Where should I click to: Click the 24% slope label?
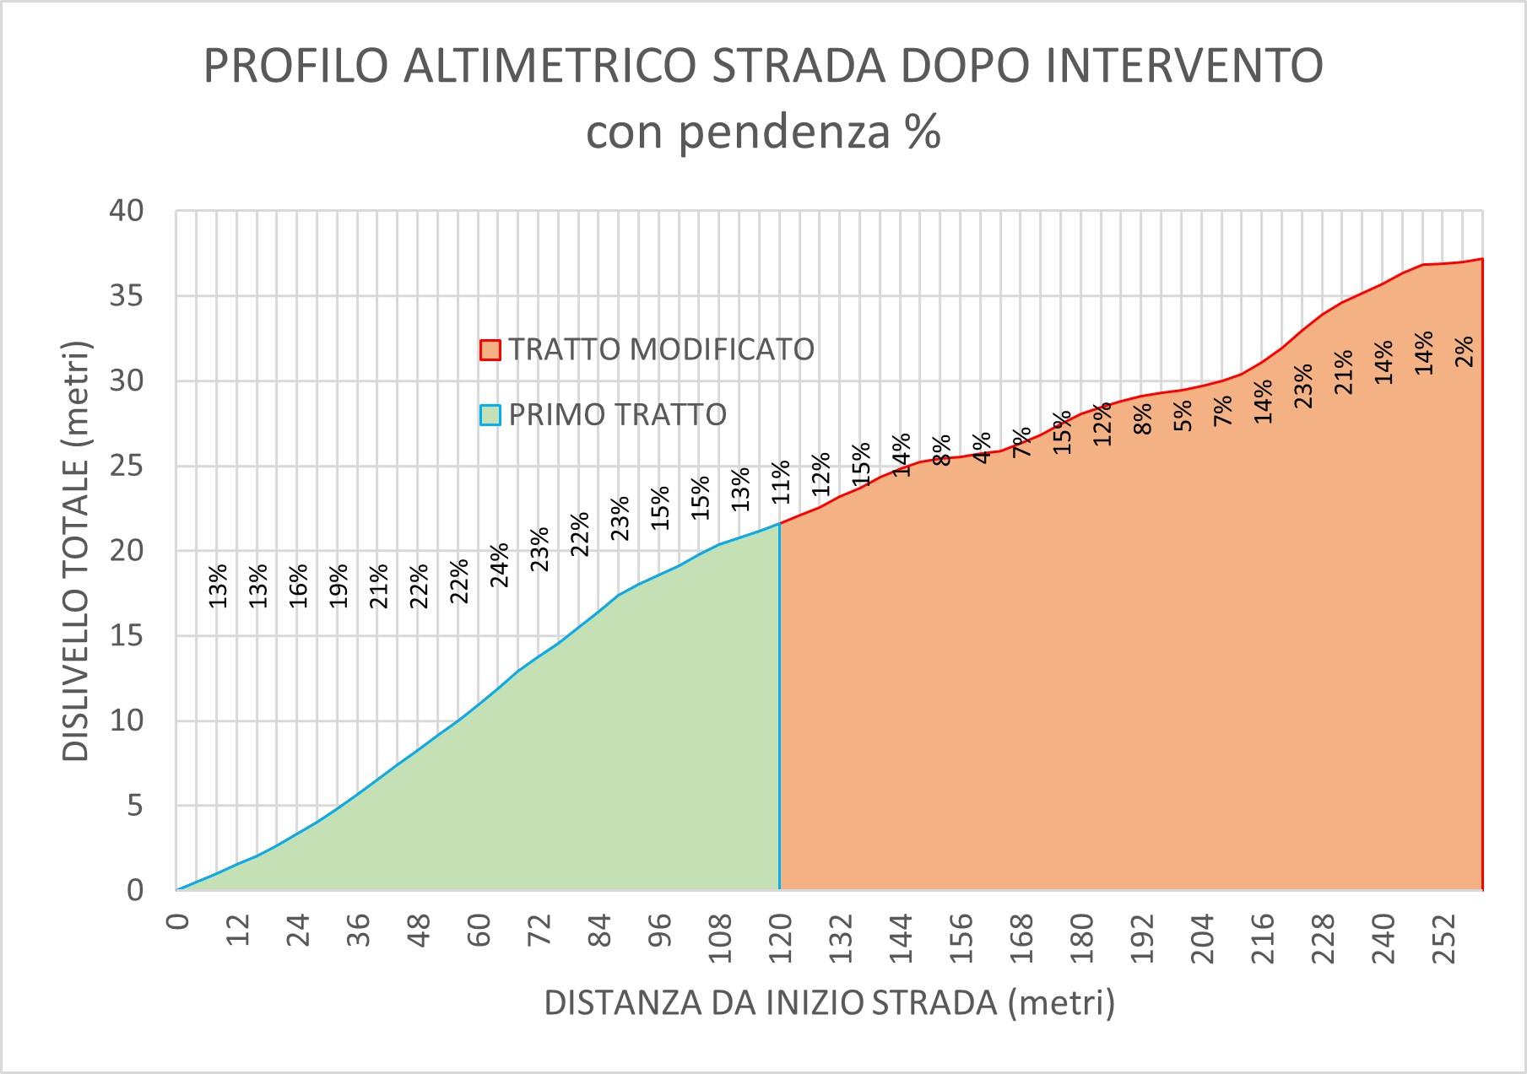click(500, 564)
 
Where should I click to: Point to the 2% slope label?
click(1465, 350)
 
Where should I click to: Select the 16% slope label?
click(299, 586)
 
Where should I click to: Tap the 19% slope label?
click(338, 586)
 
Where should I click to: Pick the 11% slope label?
click(780, 482)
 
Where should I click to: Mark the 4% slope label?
click(982, 447)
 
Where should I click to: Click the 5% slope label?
click(1183, 415)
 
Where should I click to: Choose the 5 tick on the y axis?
click(136, 806)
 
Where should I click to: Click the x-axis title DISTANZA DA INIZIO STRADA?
click(829, 1003)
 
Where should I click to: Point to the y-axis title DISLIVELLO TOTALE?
click(76, 550)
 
